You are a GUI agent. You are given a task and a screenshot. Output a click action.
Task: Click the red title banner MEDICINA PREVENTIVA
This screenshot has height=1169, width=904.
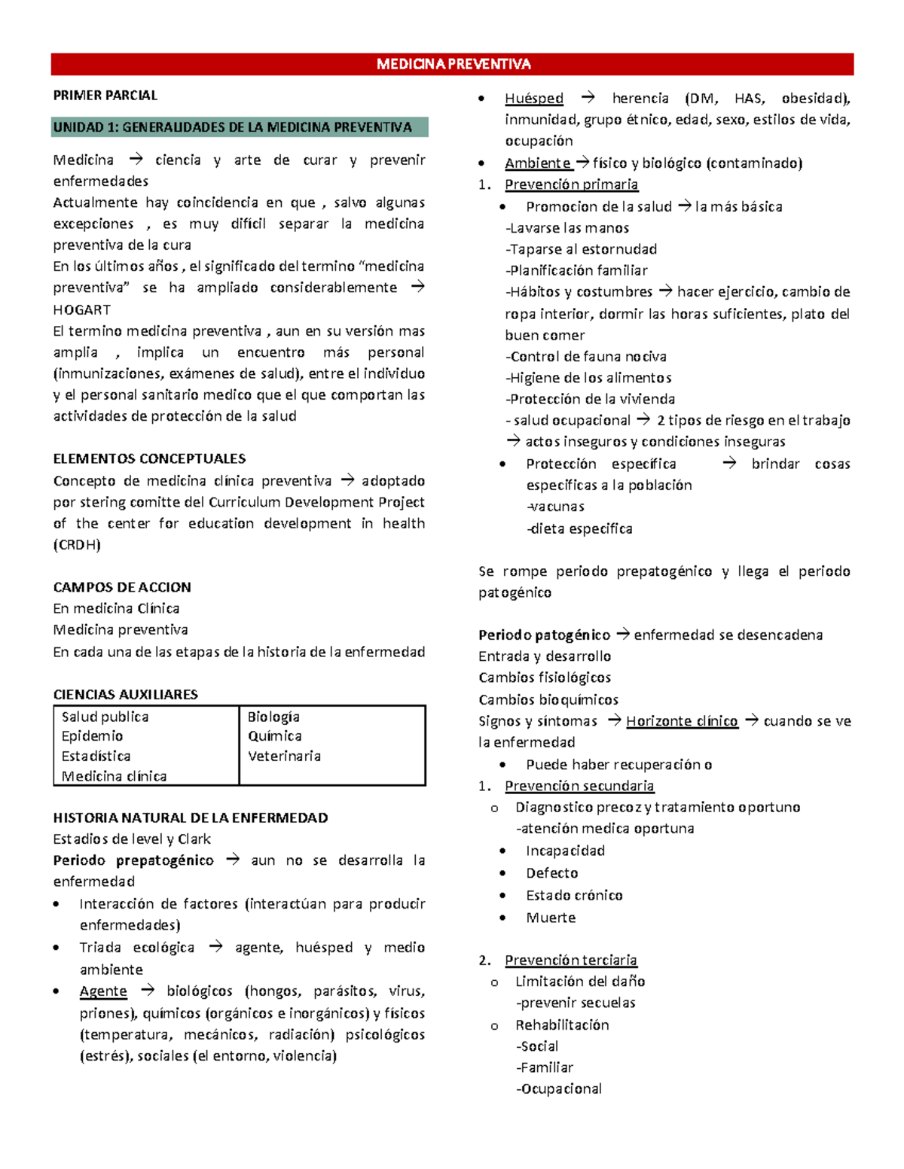(453, 64)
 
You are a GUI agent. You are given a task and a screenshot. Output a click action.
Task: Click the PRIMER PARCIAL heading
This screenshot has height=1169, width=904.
(105, 96)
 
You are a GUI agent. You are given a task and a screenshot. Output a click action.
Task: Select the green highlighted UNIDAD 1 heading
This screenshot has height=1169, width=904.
(233, 127)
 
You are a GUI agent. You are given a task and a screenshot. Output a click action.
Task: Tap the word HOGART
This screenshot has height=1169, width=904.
(81, 309)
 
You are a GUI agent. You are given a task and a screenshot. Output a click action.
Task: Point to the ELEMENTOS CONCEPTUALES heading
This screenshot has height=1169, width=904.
(149, 458)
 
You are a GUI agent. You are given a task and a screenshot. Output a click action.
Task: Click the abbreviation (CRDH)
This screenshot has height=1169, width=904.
(76, 544)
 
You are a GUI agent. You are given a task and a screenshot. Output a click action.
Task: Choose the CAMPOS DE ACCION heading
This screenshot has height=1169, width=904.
(122, 587)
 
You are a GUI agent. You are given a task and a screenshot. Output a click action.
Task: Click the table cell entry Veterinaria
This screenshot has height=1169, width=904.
(284, 756)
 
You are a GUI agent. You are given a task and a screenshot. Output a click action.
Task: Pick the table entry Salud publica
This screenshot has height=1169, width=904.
(105, 717)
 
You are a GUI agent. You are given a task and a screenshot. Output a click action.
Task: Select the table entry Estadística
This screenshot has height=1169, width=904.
(96, 756)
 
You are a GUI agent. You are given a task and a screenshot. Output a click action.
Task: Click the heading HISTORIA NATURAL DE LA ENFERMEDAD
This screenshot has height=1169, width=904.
(191, 817)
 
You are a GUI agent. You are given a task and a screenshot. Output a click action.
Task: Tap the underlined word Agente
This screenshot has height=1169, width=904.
(103, 991)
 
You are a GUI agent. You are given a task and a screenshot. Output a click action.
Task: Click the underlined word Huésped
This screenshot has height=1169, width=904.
(534, 98)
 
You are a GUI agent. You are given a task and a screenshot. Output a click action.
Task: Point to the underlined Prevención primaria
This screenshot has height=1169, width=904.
(571, 184)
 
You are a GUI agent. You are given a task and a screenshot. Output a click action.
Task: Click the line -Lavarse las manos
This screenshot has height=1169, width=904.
(567, 228)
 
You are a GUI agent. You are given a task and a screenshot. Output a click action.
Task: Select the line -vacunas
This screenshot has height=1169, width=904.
(556, 507)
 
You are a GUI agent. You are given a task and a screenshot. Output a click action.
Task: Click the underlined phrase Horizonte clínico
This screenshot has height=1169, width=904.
(682, 721)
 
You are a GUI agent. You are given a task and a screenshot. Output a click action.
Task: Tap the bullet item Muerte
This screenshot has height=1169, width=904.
(551, 918)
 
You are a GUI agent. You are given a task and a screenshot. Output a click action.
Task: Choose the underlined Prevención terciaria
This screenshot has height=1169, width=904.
(570, 960)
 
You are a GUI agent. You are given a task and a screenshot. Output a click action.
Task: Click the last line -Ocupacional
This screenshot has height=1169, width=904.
(558, 1088)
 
